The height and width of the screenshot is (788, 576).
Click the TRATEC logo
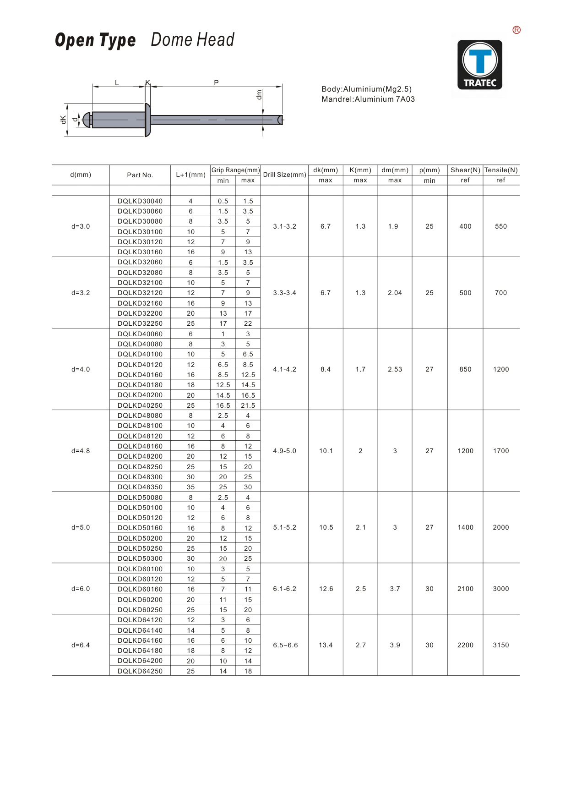pyautogui.click(x=480, y=65)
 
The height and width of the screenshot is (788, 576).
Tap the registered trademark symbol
pyautogui.click(x=516, y=30)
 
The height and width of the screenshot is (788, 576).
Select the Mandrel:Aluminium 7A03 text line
pyautogui.click(x=368, y=99)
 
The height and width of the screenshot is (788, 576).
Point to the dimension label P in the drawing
pyautogui.click(x=216, y=82)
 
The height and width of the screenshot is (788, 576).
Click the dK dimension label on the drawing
pyautogui.click(x=63, y=120)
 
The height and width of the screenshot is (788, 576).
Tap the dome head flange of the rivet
pyautogui.click(x=147, y=120)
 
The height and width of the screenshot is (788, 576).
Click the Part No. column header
pyautogui.click(x=140, y=175)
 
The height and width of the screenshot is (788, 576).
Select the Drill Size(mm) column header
pyautogui.click(x=284, y=175)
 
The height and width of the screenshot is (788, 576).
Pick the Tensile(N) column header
pyautogui.click(x=501, y=170)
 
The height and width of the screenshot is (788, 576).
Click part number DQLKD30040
pyautogui.click(x=140, y=201)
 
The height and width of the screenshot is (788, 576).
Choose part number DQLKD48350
pyautogui.click(x=140, y=487)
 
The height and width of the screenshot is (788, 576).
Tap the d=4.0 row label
pyautogui.click(x=81, y=369)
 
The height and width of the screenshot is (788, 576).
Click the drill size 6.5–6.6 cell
pyautogui.click(x=285, y=645)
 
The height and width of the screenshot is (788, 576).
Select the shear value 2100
pyautogui.click(x=465, y=589)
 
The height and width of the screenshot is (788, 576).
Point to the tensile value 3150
pyautogui.click(x=501, y=645)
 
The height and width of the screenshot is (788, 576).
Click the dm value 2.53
pyautogui.click(x=395, y=369)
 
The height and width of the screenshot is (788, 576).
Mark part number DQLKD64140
pyautogui.click(x=140, y=630)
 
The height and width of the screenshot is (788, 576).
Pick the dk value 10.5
pyautogui.click(x=326, y=527)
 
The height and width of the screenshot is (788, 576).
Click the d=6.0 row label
pyautogui.click(x=81, y=589)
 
